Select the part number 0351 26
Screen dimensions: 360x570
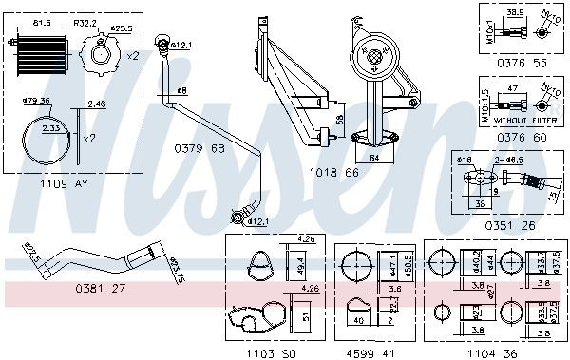click(x=504, y=225)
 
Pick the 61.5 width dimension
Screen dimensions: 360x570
click(x=42, y=20)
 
